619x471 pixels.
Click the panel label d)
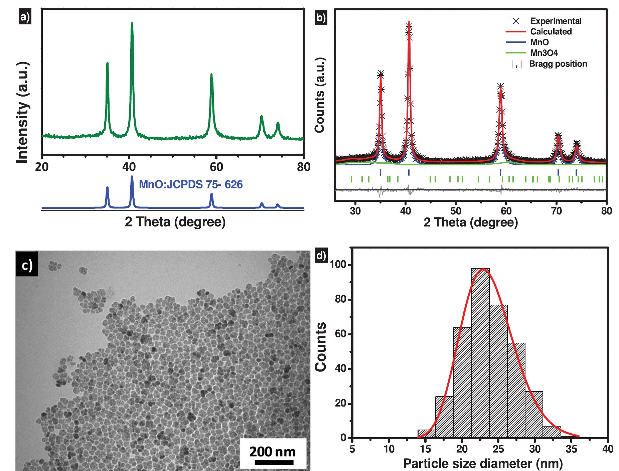point(321,256)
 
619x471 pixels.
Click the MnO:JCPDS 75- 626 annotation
point(190,184)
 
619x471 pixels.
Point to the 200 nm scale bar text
point(273,452)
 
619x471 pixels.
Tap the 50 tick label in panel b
point(456,211)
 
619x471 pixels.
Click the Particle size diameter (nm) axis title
point(483,463)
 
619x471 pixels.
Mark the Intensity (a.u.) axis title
point(23,113)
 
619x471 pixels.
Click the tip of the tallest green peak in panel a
point(132,23)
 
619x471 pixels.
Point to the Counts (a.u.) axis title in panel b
point(320,95)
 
